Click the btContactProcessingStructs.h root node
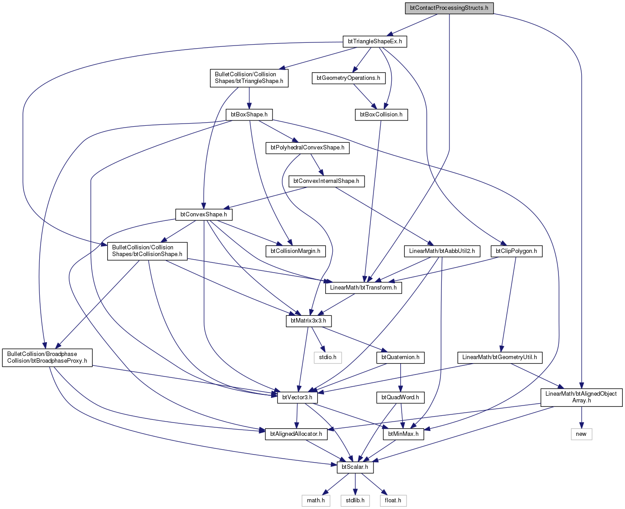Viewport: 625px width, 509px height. (x=449, y=8)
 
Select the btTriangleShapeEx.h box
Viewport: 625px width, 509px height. (x=374, y=41)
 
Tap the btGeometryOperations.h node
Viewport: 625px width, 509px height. (x=348, y=78)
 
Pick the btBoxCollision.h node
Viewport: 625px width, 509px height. (x=381, y=115)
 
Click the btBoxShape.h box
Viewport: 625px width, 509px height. (x=249, y=115)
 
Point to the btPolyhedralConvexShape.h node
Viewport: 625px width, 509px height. (x=307, y=148)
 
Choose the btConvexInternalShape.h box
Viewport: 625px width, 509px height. (x=326, y=181)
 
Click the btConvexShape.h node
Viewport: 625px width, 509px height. (x=204, y=215)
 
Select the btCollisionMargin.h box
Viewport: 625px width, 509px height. (x=295, y=251)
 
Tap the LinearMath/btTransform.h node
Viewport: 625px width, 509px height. (x=363, y=288)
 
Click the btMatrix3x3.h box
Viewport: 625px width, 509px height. (x=308, y=321)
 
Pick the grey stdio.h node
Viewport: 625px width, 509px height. (x=327, y=357)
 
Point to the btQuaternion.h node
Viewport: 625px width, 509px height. (x=400, y=357)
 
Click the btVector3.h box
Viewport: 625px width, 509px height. (x=297, y=397)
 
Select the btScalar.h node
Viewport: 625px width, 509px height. (x=355, y=467)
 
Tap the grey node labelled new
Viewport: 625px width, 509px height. (x=581, y=434)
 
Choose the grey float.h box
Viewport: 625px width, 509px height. (x=393, y=501)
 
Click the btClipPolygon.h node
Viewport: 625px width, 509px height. (x=516, y=251)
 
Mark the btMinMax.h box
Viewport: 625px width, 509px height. (x=403, y=434)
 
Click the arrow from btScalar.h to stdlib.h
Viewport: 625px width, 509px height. (x=355, y=484)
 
